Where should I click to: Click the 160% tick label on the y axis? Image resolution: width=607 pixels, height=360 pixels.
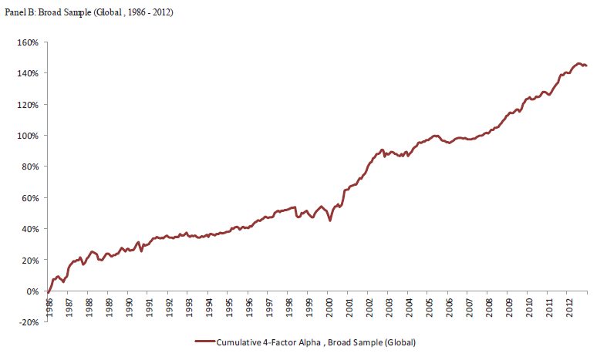27,42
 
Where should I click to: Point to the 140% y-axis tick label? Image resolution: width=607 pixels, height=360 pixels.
27,73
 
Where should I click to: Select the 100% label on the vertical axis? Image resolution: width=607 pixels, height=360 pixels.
27,136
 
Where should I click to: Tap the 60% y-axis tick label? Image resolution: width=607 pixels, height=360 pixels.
29,198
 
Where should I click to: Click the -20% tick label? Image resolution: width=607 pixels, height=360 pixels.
29,322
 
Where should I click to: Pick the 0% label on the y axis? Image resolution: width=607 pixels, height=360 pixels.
32,291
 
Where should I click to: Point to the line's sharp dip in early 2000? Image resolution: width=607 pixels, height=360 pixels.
330,220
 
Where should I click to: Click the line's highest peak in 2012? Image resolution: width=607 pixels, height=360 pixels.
578,63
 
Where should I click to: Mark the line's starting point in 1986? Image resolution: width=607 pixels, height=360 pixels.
48,292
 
